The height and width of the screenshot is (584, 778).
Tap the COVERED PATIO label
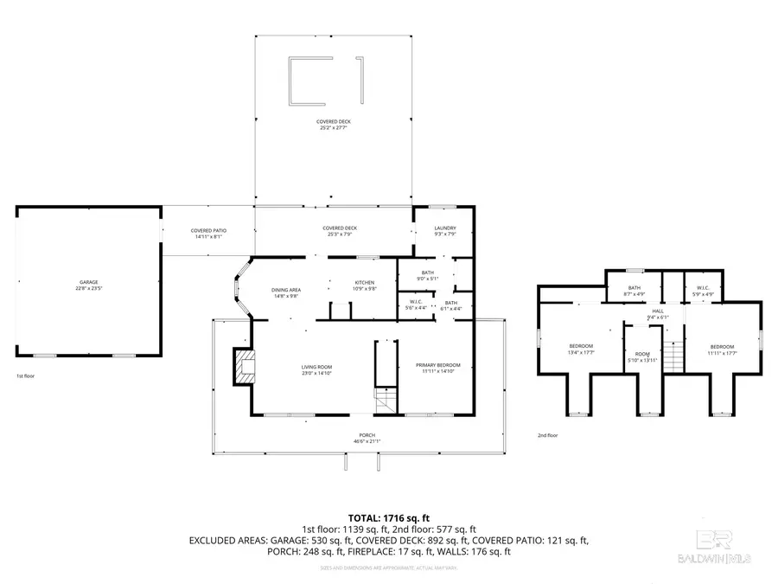pyautogui.click(x=208, y=233)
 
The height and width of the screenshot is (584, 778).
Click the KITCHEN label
pyautogui.click(x=363, y=286)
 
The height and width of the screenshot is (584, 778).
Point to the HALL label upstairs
pyautogui.click(x=658, y=313)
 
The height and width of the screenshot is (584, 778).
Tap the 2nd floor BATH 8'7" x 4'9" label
pyautogui.click(x=634, y=290)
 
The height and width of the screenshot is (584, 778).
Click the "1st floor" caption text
pyautogui.click(x=25, y=376)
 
